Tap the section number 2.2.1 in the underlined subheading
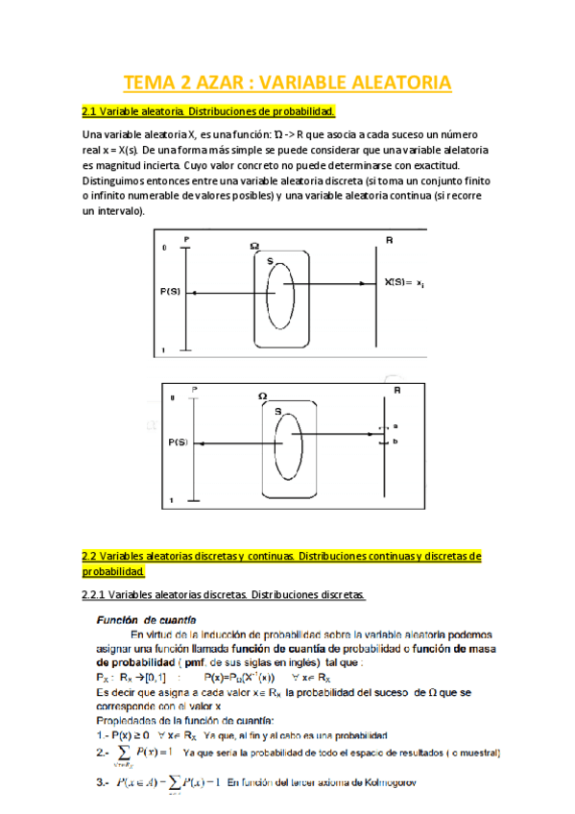[x=100, y=596]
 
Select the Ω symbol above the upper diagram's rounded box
[x=254, y=246]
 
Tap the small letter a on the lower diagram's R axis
[x=395, y=425]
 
